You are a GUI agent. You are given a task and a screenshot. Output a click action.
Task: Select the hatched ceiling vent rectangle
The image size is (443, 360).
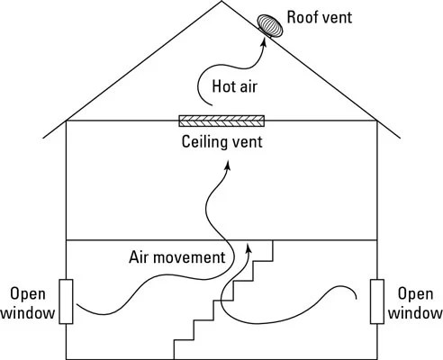coord(221,120)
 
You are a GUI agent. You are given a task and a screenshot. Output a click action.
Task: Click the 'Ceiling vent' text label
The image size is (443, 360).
coord(221,142)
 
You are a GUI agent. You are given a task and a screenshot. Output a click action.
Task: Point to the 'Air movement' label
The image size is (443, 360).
coord(175,258)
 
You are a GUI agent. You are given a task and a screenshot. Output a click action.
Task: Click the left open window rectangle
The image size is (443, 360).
coord(67,301)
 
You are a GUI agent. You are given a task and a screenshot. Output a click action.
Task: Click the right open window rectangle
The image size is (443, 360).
coord(377,301)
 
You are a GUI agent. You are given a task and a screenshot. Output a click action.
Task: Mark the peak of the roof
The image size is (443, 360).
coord(221,3)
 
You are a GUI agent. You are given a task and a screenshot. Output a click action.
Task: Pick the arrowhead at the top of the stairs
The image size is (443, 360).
coord(249,245)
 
